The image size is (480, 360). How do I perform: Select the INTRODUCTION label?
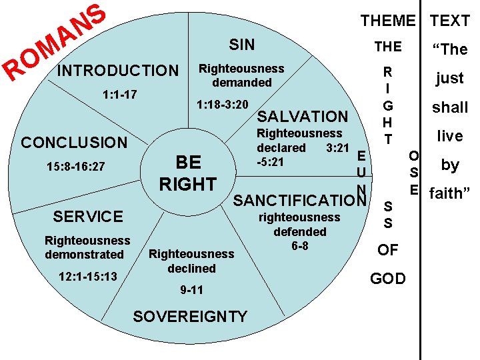(119, 71)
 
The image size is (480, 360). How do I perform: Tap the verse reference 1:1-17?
(120, 94)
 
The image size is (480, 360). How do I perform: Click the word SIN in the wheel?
(241, 45)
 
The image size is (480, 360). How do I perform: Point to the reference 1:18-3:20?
(222, 105)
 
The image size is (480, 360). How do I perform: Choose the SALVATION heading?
(303, 116)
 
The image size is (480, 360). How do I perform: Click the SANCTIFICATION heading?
(299, 200)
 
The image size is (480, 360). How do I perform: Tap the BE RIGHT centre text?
(187, 173)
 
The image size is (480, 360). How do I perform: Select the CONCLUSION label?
(74, 142)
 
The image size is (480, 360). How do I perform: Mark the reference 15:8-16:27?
(75, 166)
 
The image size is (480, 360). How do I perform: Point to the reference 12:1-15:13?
(87, 276)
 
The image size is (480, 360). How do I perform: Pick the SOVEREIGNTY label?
(190, 317)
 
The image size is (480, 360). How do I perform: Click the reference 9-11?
(191, 290)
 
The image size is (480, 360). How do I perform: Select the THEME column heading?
(387, 21)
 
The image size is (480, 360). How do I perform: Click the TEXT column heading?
(449, 21)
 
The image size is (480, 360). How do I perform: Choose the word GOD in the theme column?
(387, 278)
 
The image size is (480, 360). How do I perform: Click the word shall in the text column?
(450, 107)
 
